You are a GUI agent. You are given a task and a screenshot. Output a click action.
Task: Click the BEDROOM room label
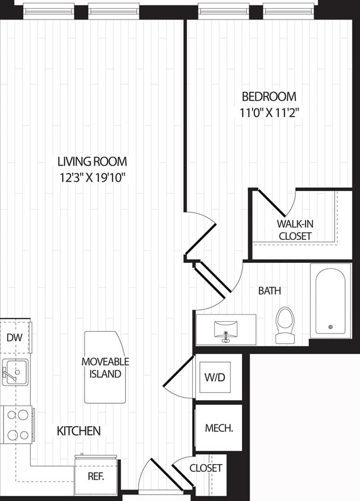click(x=269, y=97)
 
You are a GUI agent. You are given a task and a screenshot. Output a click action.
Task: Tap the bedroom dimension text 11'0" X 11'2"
click(x=269, y=113)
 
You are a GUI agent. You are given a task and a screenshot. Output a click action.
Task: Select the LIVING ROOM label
click(x=92, y=161)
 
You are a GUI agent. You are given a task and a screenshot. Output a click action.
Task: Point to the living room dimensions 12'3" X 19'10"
click(x=92, y=177)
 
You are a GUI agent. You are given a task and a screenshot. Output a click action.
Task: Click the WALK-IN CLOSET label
click(x=294, y=230)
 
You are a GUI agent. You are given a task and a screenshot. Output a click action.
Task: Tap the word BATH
click(x=269, y=291)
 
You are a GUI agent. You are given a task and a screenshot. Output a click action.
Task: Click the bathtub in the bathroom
click(x=330, y=300)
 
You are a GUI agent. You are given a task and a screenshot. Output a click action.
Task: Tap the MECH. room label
click(x=218, y=428)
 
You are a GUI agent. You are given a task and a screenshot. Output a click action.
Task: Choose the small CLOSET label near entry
click(x=206, y=468)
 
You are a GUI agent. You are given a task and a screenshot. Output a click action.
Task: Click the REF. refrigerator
click(x=95, y=476)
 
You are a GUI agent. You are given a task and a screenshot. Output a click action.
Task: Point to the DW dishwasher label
click(x=14, y=338)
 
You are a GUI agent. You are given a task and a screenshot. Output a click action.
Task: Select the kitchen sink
click(x=14, y=372)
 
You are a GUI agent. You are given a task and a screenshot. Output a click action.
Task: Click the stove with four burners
click(x=16, y=424)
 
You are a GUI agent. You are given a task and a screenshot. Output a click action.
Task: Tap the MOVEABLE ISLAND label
click(x=105, y=368)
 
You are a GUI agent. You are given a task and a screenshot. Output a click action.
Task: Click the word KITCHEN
click(x=78, y=431)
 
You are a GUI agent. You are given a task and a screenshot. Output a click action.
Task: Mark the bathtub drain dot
click(x=330, y=327)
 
